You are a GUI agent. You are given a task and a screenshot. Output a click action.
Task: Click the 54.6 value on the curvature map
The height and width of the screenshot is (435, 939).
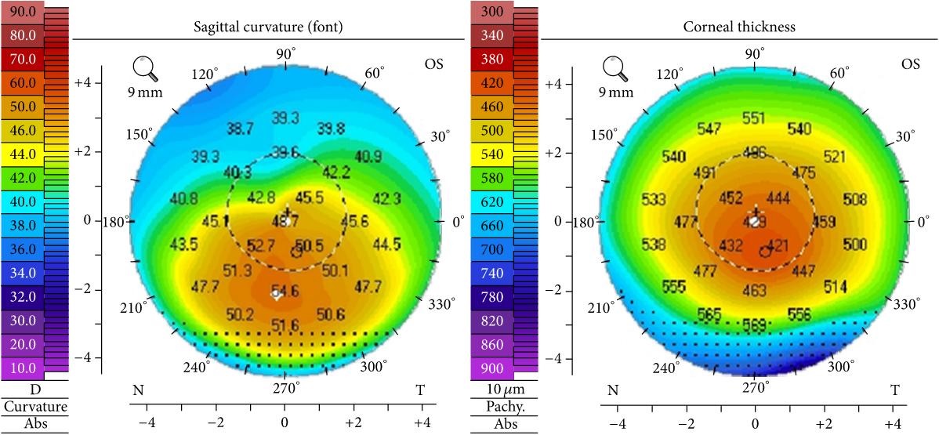[x=285, y=291]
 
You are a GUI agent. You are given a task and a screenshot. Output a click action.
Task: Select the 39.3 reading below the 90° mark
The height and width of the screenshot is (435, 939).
[x=285, y=118]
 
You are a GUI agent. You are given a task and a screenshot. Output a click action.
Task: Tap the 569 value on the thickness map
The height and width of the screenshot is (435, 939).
[x=755, y=322]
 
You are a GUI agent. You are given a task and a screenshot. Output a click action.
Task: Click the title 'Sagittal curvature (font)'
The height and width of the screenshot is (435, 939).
[x=269, y=27]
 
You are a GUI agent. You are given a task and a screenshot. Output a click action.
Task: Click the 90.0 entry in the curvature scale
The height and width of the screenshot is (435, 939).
[x=22, y=13]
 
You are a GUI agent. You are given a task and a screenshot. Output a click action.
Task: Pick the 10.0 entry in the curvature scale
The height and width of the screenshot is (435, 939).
[x=22, y=368]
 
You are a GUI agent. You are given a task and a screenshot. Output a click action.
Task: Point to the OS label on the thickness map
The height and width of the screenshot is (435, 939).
[x=911, y=63]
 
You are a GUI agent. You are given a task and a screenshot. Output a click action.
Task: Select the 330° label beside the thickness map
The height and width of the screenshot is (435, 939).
[x=905, y=303]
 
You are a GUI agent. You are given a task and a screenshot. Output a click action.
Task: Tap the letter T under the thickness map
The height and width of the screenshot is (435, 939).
[x=894, y=390]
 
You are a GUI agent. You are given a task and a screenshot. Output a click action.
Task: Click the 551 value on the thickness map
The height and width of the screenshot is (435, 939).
[x=753, y=118]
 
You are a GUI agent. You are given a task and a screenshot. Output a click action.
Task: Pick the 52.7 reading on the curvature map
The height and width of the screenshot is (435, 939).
[x=260, y=246]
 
